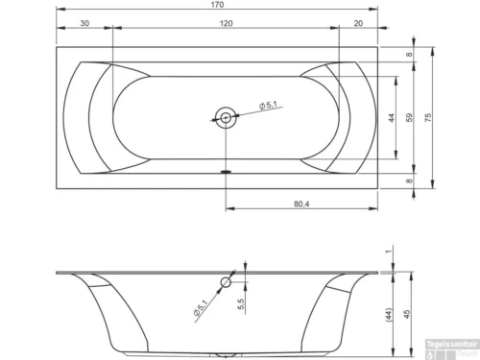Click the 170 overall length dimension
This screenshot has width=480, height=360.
[x=226, y=8]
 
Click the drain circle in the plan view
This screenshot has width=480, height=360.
[x=226, y=117]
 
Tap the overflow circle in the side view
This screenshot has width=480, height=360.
[x=227, y=282]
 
